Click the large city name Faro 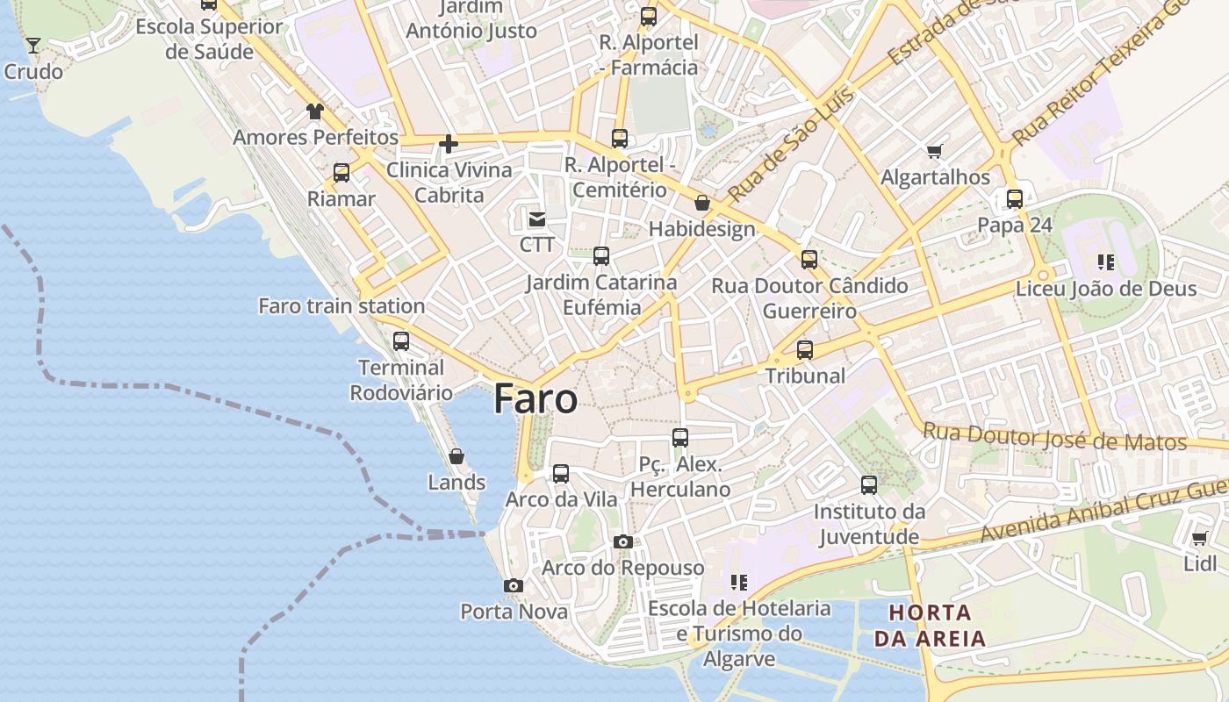535,399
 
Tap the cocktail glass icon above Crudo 33,45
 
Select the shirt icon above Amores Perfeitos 315,111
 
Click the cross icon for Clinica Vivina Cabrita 449,144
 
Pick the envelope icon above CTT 536,218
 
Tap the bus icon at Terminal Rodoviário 401,341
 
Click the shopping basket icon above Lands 456,456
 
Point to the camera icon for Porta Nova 514,585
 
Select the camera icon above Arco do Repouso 623,541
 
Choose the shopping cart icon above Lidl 1200,538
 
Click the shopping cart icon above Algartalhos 935,151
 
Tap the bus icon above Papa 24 1015,199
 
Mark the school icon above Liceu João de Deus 1106,262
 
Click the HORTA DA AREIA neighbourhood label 931,625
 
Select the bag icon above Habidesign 702,204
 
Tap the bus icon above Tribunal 805,350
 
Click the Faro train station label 341,306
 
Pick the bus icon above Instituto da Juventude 869,485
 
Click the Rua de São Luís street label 780,155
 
